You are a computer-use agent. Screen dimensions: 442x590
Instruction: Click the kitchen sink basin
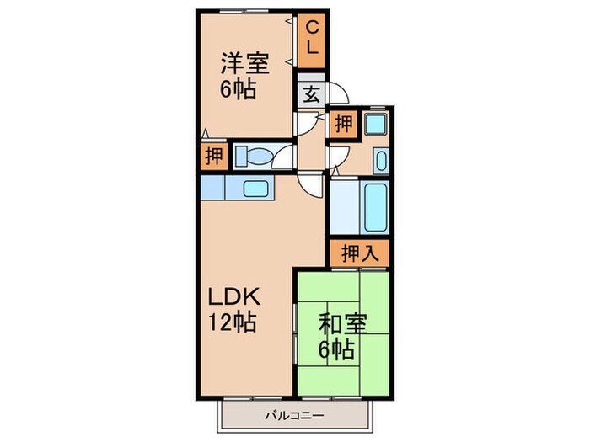click(x=257, y=189)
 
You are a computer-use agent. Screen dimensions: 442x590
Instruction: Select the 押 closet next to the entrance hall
click(x=343, y=125)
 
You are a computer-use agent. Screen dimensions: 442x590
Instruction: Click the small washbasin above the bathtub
click(x=378, y=161)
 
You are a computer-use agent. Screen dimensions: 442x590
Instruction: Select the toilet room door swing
click(x=287, y=157)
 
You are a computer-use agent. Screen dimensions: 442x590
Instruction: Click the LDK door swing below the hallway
click(x=312, y=185)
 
